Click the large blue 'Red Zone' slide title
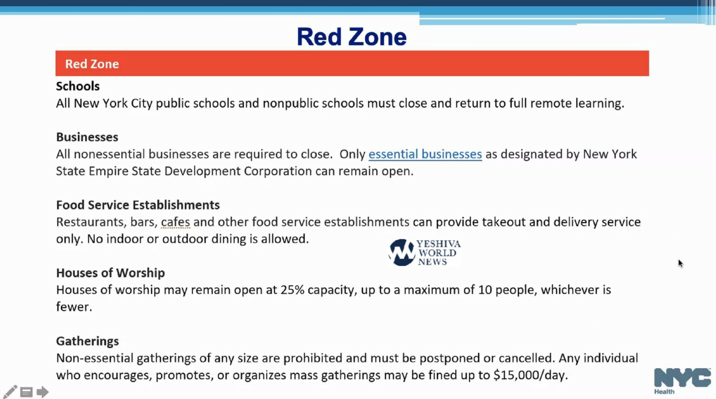[352, 37]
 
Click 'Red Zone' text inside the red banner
[92, 64]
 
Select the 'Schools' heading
[78, 86]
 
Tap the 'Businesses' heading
[87, 137]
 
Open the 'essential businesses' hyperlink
[425, 154]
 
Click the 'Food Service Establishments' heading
[138, 205]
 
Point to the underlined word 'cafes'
[175, 222]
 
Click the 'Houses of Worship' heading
[111, 273]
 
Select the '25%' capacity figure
[292, 290]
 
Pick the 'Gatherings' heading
[87, 341]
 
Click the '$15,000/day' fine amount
[530, 375]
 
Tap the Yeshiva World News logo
[424, 253]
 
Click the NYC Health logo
[682, 380]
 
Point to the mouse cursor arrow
[680, 263]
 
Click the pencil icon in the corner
[10, 392]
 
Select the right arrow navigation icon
[43, 392]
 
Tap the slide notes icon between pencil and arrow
[26, 392]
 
